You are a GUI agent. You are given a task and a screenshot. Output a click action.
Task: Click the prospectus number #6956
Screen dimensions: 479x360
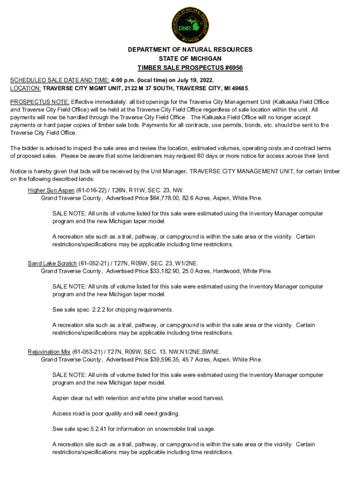tap(232, 68)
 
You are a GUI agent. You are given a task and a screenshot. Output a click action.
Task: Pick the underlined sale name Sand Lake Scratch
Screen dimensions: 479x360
tap(52, 263)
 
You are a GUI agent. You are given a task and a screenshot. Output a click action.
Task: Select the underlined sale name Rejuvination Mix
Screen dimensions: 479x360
tap(49, 352)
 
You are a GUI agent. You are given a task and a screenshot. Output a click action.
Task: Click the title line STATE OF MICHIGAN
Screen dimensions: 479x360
tap(190, 58)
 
